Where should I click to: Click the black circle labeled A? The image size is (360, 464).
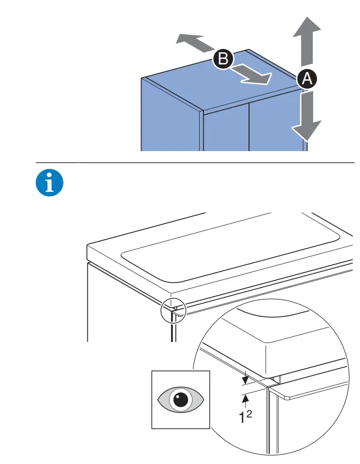click(x=307, y=78)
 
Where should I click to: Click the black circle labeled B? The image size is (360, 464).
click(x=223, y=59)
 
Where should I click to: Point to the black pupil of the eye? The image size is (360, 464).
click(x=181, y=400)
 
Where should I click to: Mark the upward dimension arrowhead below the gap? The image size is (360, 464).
click(x=245, y=398)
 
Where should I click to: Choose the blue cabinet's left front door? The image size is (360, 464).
click(x=226, y=128)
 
